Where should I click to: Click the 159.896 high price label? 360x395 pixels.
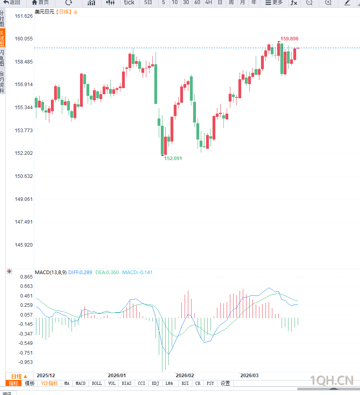[289, 39]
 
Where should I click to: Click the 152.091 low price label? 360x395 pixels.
[173, 158]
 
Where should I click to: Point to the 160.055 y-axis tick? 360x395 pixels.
[23, 39]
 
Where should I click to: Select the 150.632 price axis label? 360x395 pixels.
[23, 176]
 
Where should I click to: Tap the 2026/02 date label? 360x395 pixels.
[185, 375]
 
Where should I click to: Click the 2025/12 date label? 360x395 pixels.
[46, 375]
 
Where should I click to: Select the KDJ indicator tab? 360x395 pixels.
[155, 383]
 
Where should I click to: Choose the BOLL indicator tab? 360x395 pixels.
[97, 383]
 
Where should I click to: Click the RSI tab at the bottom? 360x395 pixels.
[185, 383]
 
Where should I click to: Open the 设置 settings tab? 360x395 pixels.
[225, 383]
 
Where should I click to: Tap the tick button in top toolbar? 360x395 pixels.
[129, 2]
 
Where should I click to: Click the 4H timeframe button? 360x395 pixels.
[208, 2]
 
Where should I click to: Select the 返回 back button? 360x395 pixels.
[12, 2]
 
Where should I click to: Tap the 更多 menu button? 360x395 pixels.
[274, 2]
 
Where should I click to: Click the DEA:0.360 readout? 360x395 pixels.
[107, 272]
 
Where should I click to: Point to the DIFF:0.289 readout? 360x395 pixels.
[80, 272]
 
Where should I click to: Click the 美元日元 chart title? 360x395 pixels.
[44, 12]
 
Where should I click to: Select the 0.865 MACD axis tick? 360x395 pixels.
[26, 277]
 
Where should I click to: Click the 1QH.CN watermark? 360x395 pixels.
[331, 380]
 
